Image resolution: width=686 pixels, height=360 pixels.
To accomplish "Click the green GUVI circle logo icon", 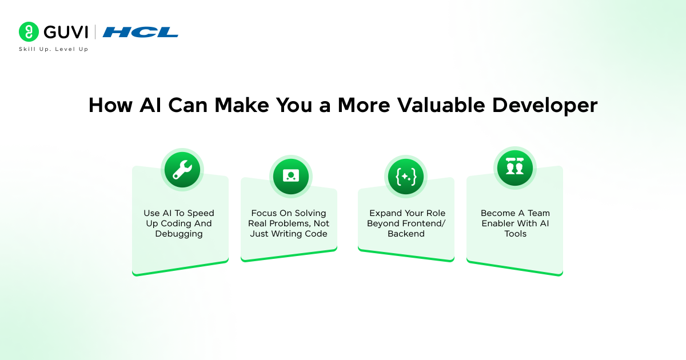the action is coord(29,31).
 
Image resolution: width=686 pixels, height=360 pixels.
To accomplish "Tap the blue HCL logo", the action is coord(140,32).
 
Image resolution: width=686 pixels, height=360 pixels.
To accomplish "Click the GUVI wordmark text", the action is coord(66,32).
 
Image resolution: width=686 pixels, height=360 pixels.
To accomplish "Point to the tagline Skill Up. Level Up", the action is coord(54,49).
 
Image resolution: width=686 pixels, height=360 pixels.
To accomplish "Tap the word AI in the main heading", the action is coord(150,105).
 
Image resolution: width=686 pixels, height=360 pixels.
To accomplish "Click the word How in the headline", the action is coord(110,105).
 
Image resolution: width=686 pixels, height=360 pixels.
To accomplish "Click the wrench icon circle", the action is coord(182,170).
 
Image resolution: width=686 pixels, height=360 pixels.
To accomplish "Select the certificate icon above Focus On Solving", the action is coord(291,177).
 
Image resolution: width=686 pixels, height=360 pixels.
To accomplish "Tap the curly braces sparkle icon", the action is coord(406,177).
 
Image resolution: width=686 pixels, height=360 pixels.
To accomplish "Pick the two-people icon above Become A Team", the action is coord(515,168).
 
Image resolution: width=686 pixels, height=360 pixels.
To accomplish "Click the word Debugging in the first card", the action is coord(179,234).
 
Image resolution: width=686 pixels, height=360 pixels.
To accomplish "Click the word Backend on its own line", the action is coord(406,234).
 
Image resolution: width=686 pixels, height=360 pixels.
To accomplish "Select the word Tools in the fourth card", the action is coord(515,234).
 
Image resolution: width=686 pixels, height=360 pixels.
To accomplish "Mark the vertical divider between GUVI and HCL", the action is coord(95,32).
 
